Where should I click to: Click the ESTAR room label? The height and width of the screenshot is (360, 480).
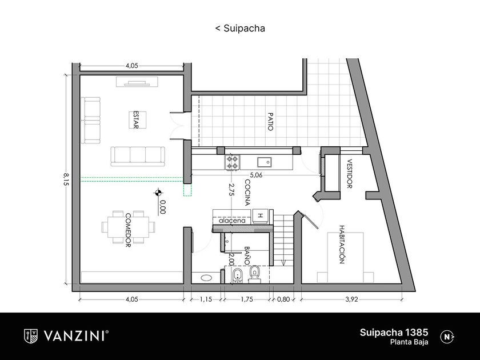coord(135,120)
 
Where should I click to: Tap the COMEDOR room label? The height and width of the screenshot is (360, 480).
coord(129,229)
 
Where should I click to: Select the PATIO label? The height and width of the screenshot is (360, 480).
coord(269,121)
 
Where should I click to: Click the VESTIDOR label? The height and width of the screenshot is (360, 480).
coord(349,174)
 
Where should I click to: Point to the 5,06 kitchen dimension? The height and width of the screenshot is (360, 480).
coord(255,175)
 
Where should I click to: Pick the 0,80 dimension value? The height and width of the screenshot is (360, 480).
coord(282,299)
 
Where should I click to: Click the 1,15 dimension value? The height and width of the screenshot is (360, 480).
coord(206,299)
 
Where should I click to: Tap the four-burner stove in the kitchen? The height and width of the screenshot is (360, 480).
coord(232,162)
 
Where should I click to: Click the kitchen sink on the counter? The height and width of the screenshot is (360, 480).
coord(264,161)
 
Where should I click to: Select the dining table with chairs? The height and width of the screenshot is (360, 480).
coord(128,225)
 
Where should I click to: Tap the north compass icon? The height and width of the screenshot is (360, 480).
coord(447,337)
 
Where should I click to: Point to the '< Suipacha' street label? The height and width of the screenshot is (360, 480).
coord(240,27)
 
